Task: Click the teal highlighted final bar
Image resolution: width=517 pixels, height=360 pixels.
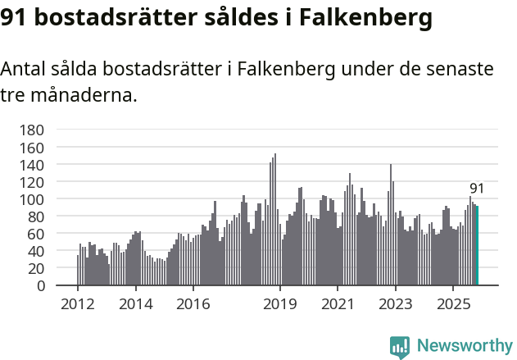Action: tap(477, 246)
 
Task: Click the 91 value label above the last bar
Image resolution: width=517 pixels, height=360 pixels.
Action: tap(477, 189)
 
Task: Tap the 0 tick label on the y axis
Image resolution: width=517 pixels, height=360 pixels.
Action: tap(40, 286)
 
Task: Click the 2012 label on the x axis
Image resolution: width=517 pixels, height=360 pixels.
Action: tap(78, 304)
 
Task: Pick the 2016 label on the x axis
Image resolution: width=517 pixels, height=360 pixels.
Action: tap(193, 304)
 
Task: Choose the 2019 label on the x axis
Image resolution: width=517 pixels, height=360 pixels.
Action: tap(280, 304)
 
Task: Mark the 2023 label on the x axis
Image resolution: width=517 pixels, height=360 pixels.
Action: tap(396, 304)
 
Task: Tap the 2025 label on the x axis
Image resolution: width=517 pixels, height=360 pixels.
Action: tap(453, 304)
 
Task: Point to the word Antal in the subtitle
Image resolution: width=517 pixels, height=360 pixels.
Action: tap(25, 70)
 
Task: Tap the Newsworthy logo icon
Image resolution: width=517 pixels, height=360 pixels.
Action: tap(400, 347)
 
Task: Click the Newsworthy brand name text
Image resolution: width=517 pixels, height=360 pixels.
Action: tap(465, 347)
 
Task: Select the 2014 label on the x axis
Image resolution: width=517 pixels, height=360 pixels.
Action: tap(135, 304)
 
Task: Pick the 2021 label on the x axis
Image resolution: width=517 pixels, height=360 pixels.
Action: tap(338, 304)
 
